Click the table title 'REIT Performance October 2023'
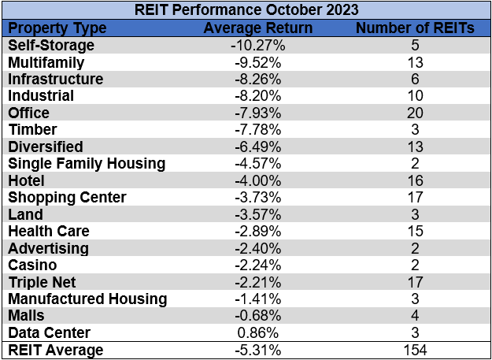coord(246,11)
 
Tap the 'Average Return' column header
coord(257,28)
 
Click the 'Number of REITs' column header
coord(415,28)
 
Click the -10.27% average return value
coord(257,45)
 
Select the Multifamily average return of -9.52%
coord(257,62)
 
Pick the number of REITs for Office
coord(415,113)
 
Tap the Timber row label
coord(30,130)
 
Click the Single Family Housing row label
coord(87,164)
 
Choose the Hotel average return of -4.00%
coord(257,180)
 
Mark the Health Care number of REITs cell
coord(415,232)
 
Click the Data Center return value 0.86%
coord(257,333)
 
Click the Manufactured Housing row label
coord(87,299)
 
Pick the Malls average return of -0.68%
coord(257,316)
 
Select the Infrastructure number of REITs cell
coord(415,79)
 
